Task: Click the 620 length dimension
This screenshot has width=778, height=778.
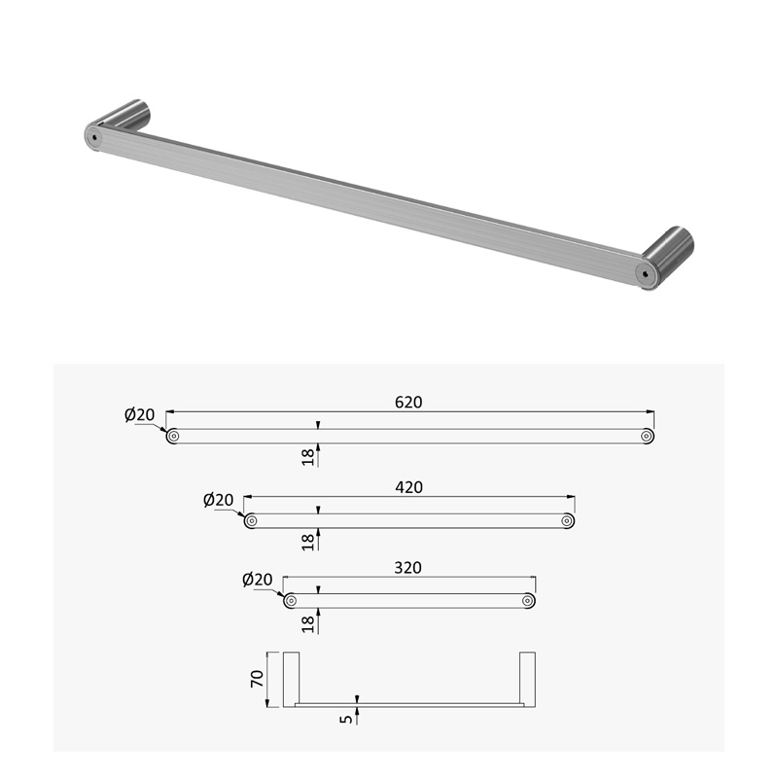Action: point(408,402)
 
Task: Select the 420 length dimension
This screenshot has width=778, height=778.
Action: point(408,487)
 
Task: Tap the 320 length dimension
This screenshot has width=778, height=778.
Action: point(407,568)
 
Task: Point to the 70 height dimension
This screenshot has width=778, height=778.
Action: point(257,678)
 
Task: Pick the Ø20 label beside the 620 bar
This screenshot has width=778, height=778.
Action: point(139,414)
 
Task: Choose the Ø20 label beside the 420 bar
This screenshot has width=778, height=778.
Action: point(218,500)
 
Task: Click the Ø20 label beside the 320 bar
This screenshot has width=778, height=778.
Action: point(258,579)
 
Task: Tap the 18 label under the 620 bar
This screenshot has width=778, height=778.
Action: point(308,457)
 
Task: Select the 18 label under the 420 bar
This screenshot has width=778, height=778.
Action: point(308,542)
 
